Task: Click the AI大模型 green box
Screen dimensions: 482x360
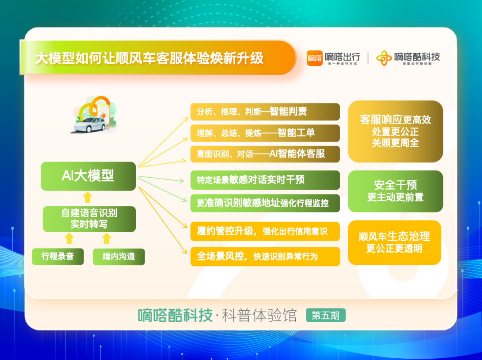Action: click(88, 176)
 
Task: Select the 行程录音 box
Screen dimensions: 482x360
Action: click(58, 256)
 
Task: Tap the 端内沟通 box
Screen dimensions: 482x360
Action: click(119, 256)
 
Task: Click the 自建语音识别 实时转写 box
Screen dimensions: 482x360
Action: click(89, 219)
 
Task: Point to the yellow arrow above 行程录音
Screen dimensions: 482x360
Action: click(70, 238)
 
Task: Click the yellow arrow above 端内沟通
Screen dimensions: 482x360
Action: click(107, 238)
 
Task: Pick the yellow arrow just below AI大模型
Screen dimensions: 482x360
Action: click(88, 197)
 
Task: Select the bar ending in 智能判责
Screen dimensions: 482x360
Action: click(265, 111)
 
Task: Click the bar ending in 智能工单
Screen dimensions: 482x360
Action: click(265, 133)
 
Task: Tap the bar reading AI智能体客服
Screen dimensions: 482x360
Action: click(265, 154)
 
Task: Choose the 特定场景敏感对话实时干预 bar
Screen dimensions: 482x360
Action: click(265, 180)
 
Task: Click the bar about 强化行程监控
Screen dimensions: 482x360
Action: click(265, 203)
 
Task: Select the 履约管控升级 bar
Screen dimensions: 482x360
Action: click(265, 231)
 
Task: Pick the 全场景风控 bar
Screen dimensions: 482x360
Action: click(265, 256)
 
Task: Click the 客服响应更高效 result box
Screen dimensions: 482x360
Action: click(395, 131)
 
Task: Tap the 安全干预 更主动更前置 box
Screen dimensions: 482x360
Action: click(395, 191)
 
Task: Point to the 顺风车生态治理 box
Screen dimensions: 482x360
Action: click(394, 242)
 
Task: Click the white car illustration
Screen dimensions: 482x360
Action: click(89, 125)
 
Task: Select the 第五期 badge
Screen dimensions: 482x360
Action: click(326, 315)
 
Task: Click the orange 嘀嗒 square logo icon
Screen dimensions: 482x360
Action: click(315, 58)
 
